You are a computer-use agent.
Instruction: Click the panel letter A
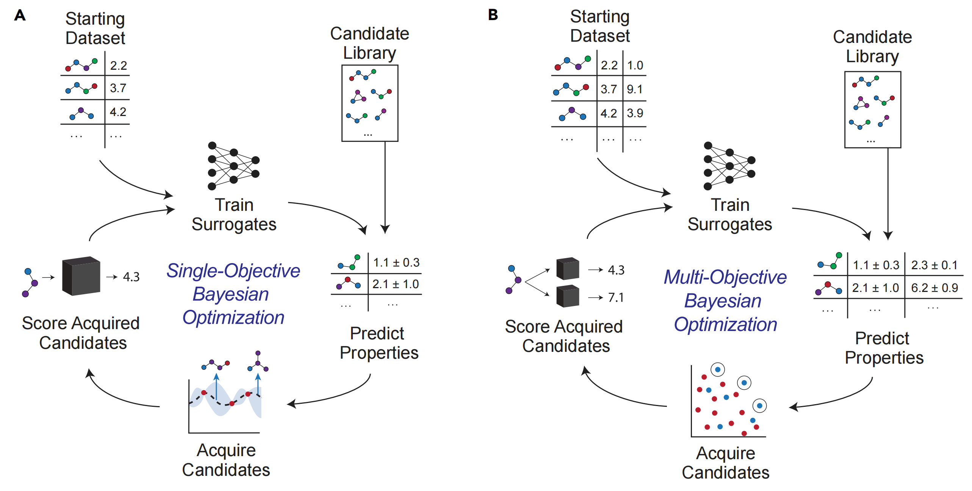pos(20,16)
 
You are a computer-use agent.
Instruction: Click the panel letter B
pos(493,15)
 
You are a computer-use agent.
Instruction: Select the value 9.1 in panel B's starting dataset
pos(634,89)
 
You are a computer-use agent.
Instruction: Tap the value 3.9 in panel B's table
pos(635,113)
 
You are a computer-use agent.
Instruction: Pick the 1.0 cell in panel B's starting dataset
pos(635,65)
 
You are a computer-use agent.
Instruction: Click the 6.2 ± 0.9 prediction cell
pos(934,288)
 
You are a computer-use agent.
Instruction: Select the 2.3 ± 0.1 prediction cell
pos(934,265)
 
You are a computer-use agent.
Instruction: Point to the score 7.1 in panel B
pos(616,298)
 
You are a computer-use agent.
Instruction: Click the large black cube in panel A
pos(81,276)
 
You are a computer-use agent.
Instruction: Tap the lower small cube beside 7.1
pos(568,296)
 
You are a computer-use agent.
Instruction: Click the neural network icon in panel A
pos(233,166)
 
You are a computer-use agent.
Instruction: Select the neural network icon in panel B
pos(729,166)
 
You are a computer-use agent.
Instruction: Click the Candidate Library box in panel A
pos(369,103)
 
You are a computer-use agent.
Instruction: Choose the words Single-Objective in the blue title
pos(233,271)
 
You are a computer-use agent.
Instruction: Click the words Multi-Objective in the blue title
pos(725,277)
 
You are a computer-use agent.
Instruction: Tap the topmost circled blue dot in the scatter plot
pos(717,369)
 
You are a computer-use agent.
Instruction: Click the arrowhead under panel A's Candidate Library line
pos(385,229)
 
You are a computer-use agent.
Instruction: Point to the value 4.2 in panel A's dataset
pos(118,112)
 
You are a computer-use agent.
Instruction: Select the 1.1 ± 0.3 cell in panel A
pos(396,262)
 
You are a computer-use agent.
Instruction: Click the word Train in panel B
pos(730,205)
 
